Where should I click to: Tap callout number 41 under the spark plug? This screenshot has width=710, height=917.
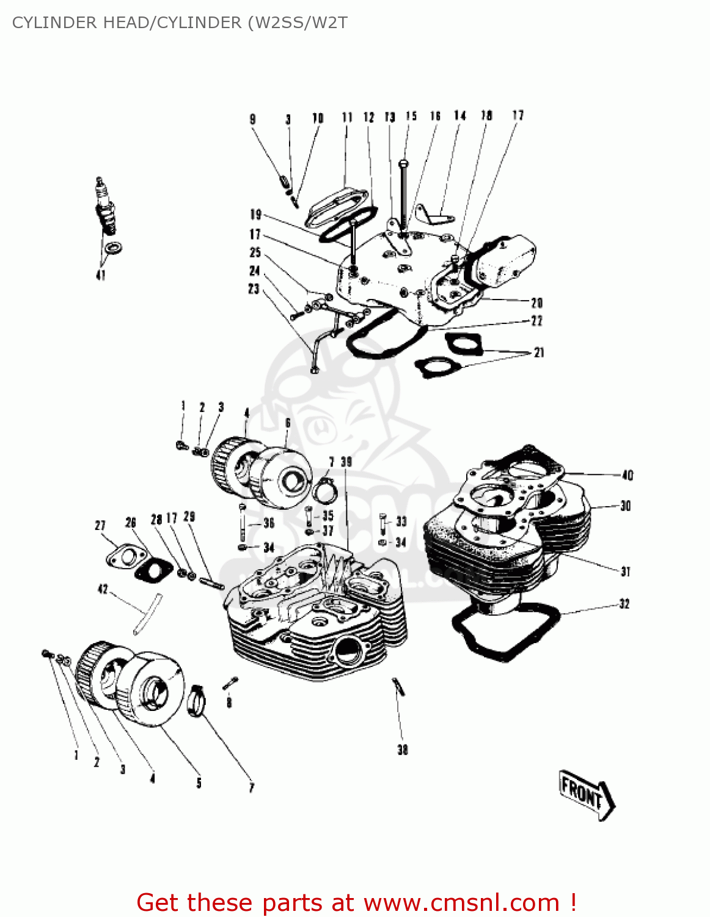tap(101, 275)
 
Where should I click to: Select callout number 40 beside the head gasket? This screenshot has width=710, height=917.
tap(628, 475)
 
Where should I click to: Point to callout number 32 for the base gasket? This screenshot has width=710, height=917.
tap(624, 604)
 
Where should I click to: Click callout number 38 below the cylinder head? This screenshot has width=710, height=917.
tap(402, 749)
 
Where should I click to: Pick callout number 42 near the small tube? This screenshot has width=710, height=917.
tap(103, 589)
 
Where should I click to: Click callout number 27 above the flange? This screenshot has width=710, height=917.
tap(100, 525)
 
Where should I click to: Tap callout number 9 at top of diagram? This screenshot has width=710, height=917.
tap(252, 119)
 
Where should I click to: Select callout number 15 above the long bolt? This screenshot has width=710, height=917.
tap(411, 116)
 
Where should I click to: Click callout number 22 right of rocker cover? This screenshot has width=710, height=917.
tap(536, 321)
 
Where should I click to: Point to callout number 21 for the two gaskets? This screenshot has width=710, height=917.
tap(538, 353)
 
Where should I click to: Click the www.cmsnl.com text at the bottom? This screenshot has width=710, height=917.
tap(461, 902)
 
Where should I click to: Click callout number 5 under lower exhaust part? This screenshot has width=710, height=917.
tap(199, 783)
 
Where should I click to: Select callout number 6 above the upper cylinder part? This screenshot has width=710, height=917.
tap(288, 423)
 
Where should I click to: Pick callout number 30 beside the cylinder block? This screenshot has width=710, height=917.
tap(625, 506)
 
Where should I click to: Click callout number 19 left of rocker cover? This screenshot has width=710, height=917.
tap(255, 214)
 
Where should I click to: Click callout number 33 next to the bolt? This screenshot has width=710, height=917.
tap(401, 521)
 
